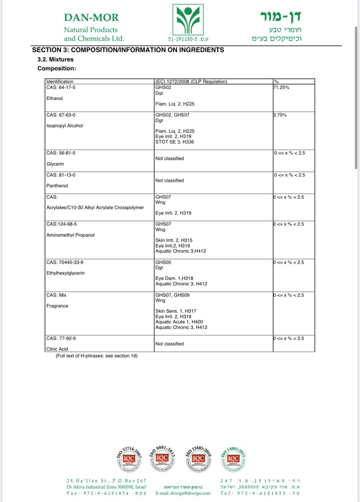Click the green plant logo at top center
click(188, 20)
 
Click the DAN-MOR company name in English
click(91, 18)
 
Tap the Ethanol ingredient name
click(55, 99)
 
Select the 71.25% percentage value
click(281, 88)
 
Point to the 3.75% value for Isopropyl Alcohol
click(280, 115)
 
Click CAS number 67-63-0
click(61, 115)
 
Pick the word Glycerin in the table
click(55, 164)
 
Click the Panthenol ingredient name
click(57, 186)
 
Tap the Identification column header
click(60, 82)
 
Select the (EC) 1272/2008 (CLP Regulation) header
click(191, 82)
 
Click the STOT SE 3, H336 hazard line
click(175, 142)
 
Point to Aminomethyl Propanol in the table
click(70, 235)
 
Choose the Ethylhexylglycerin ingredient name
click(66, 273)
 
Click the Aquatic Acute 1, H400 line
click(179, 322)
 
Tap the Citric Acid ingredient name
click(57, 349)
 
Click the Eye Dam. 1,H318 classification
click(174, 278)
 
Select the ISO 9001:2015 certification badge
click(162, 458)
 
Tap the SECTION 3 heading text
click(128, 50)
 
